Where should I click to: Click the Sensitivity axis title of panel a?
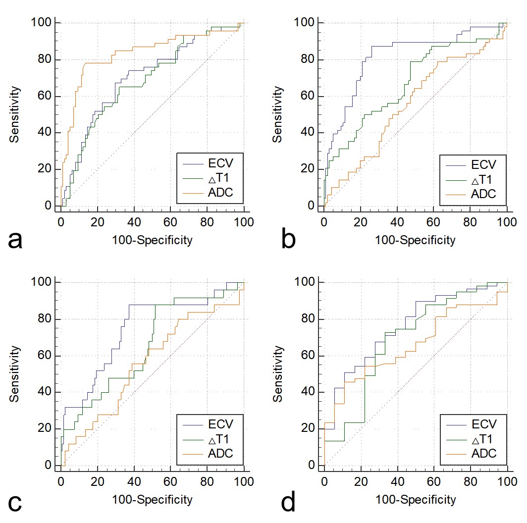16,114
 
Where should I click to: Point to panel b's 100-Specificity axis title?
416,241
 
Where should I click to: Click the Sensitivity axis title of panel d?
279,374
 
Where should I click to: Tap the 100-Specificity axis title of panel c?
152,500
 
